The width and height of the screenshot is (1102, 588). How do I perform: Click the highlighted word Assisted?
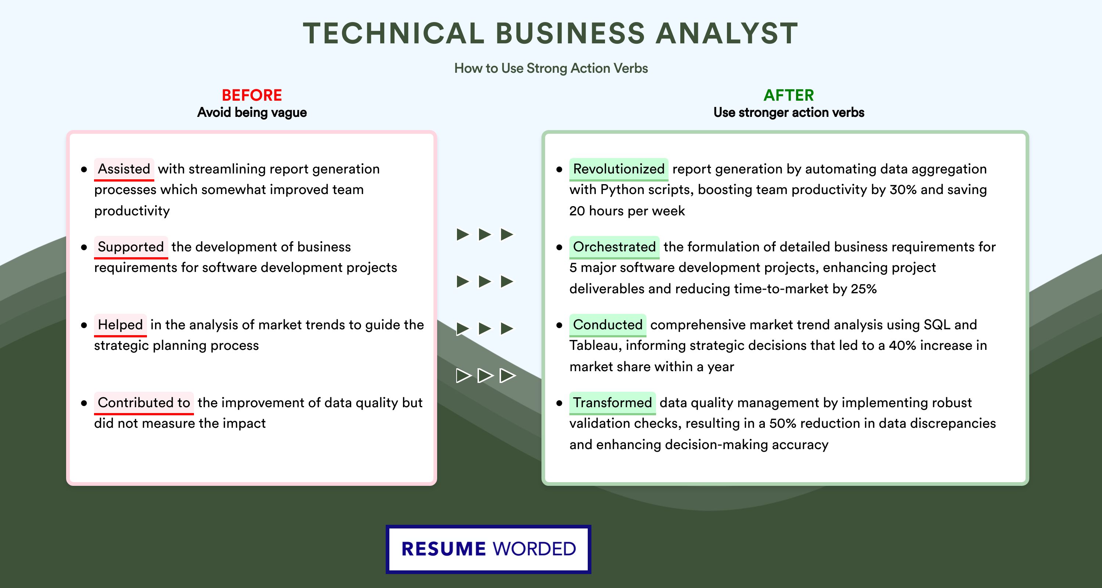click(124, 169)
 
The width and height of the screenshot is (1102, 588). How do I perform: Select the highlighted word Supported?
click(131, 247)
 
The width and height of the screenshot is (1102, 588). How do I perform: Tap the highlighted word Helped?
click(120, 325)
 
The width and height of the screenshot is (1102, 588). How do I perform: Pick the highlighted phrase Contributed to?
click(144, 403)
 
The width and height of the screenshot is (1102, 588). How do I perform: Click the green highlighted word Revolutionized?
click(619, 169)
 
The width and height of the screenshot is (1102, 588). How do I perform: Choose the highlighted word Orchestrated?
click(614, 247)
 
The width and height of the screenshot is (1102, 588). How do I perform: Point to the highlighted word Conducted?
click(608, 325)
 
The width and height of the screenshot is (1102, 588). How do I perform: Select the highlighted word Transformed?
click(612, 403)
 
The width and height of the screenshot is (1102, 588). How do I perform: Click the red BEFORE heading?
click(252, 95)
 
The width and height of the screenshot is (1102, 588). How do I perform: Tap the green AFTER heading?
click(789, 95)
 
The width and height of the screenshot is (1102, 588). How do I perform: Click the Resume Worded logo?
click(489, 549)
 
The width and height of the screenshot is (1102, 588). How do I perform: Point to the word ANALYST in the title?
click(727, 33)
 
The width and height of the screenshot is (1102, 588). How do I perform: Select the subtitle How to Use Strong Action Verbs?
click(551, 68)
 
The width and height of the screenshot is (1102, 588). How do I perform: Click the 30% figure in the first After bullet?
click(903, 190)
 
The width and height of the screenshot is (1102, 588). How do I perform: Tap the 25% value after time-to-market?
click(864, 289)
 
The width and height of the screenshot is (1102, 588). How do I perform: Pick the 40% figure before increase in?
click(903, 345)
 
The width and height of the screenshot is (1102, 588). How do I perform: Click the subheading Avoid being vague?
click(252, 112)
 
